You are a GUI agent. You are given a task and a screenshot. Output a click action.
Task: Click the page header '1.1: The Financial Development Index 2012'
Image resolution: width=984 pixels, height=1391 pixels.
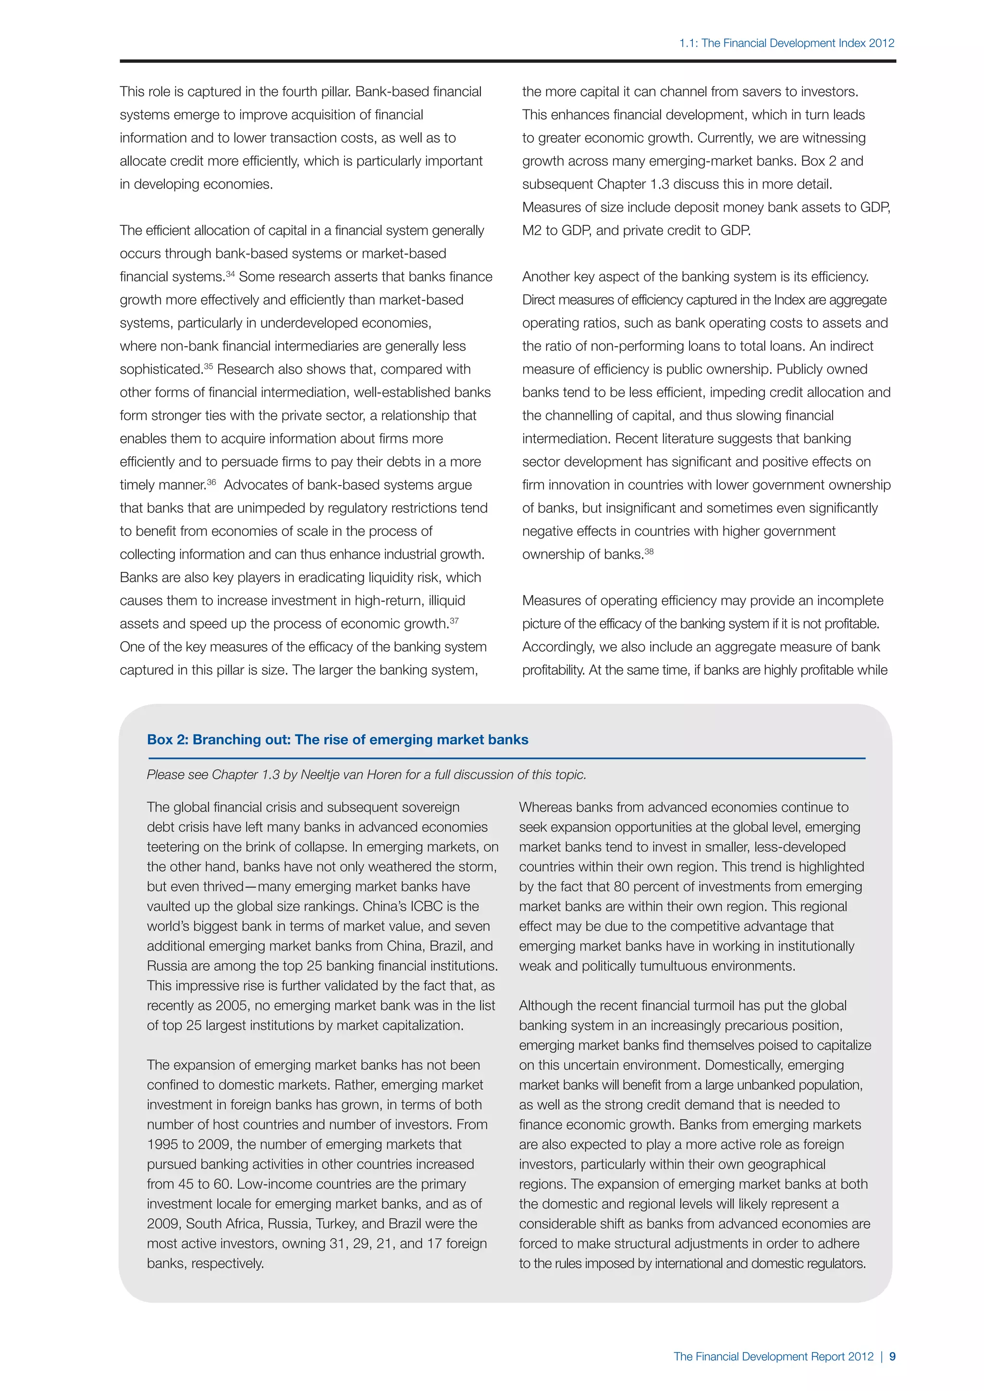(786, 43)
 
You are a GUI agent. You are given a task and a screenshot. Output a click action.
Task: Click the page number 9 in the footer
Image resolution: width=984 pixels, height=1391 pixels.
(892, 1356)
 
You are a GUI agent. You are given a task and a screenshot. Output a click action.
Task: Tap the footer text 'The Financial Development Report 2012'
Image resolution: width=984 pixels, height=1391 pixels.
(773, 1356)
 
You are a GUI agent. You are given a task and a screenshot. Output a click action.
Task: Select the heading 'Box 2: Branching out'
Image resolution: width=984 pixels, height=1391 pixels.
(337, 740)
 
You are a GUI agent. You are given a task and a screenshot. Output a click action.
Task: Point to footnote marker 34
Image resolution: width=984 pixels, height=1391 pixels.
(230, 274)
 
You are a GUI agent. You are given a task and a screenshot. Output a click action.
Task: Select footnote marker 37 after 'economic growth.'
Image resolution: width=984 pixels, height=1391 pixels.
(455, 621)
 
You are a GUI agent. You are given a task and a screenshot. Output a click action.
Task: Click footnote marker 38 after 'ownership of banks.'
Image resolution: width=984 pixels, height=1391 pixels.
(649, 551)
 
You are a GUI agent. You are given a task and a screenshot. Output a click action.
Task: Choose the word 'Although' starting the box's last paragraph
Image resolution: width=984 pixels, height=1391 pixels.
(546, 1006)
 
